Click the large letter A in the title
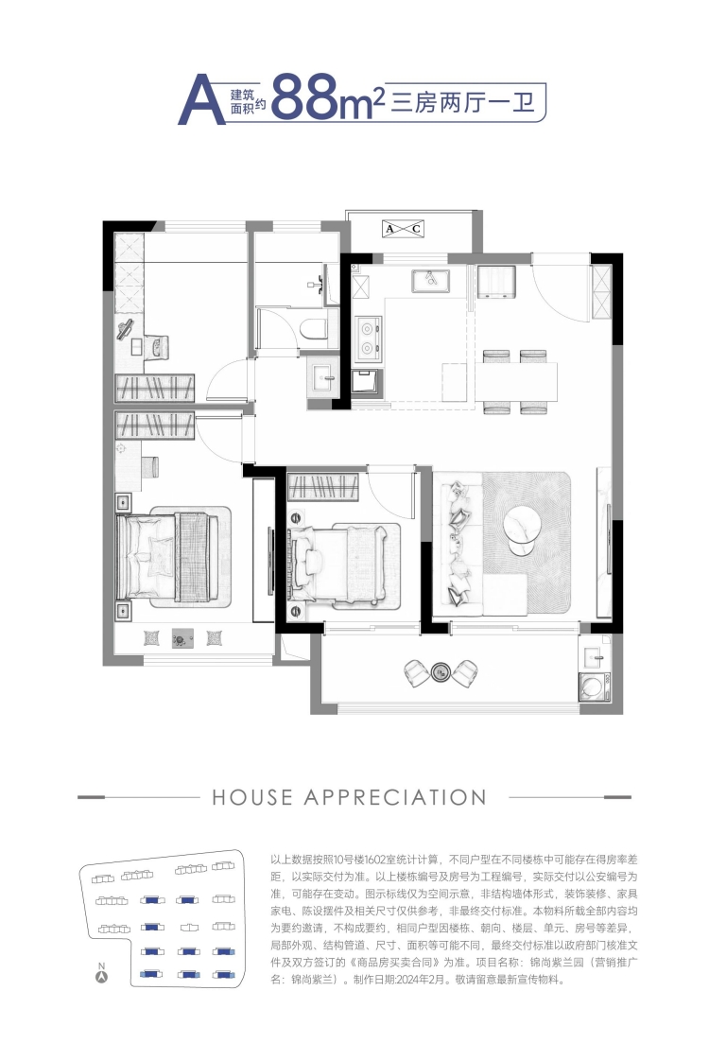click(201, 100)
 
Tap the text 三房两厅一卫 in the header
click(463, 103)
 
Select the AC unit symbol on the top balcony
click(403, 229)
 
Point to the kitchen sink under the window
click(431, 281)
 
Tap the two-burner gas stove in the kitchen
click(368, 338)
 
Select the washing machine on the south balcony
click(594, 685)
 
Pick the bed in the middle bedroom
click(344, 566)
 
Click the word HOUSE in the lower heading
click(252, 797)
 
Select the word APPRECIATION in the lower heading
click(395, 797)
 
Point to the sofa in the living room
click(458, 543)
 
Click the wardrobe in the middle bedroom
click(323, 487)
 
